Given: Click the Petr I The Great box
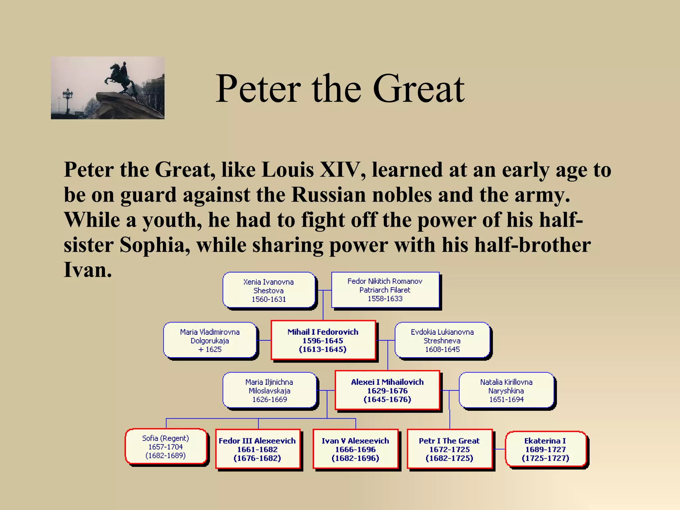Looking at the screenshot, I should coord(449,449).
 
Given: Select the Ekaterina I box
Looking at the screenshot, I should coord(545,449).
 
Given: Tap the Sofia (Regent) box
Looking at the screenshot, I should coord(166,447).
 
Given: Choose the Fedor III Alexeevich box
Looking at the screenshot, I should coord(257,449).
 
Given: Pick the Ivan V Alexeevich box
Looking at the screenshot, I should coord(355,449).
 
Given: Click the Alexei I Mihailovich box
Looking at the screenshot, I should coord(387,390).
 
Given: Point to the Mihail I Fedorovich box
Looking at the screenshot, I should coord(323,340).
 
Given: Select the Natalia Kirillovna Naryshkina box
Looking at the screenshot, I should coord(506,390).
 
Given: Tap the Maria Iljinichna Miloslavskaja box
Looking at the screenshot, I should coord(269,390).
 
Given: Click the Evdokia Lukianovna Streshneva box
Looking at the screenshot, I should coord(442,340).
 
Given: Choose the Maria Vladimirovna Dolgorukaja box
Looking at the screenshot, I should coord(210,340).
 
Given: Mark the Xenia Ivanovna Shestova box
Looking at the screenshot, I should coord(269,291).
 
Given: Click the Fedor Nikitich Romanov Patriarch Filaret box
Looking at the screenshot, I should coord(385,290).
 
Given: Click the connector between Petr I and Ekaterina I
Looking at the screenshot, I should coord(499,449).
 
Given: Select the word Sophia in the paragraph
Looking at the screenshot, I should coord(155,245).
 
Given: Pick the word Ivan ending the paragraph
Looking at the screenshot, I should coord(87,270).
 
